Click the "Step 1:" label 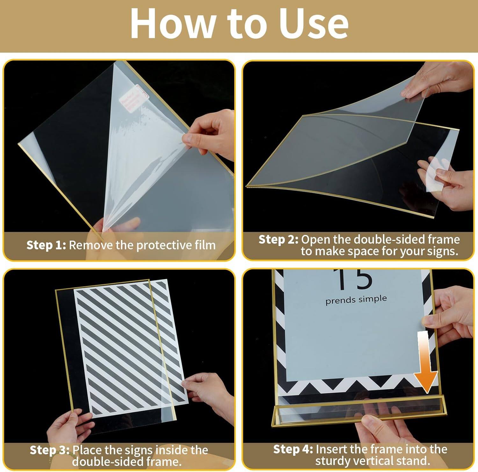click(x=46, y=245)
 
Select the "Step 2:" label click(x=278, y=239)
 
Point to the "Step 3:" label click(x=49, y=450)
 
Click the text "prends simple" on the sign click(x=356, y=300)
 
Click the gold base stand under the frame click(x=358, y=411)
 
